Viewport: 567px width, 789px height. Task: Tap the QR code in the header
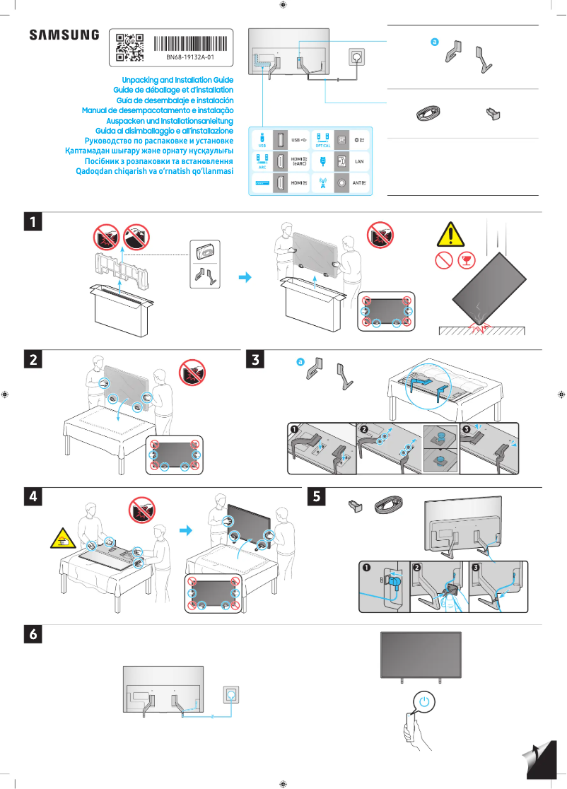129,47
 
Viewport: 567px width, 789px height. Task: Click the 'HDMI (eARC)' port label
298,162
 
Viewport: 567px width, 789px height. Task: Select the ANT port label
358,183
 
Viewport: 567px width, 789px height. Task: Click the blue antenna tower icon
323,182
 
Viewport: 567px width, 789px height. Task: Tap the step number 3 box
254,360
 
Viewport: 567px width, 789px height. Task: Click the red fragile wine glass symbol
465,260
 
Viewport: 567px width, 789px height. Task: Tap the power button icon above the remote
423,702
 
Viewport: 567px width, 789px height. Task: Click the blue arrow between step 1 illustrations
245,278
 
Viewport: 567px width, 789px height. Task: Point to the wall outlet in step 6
231,695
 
